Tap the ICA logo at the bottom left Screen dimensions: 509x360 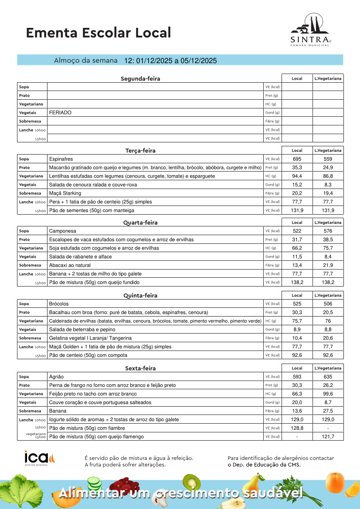click(x=40, y=458)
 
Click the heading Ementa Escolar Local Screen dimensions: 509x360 click(x=98, y=33)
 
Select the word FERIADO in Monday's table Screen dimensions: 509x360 click(x=60, y=112)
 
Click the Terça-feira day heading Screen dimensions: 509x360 click(x=140, y=151)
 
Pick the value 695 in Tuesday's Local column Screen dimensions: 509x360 click(x=297, y=159)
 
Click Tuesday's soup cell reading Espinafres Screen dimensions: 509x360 click(x=61, y=159)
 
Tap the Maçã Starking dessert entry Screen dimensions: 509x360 click(x=65, y=193)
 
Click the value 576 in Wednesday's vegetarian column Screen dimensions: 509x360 click(x=328, y=231)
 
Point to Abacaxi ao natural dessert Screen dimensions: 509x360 click(x=70, y=265)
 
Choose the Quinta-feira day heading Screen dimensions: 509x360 click(x=140, y=296)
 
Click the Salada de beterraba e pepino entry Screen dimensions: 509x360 click(x=82, y=330)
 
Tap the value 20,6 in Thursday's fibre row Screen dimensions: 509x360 click(x=328, y=338)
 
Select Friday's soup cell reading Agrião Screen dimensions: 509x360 click(x=57, y=377)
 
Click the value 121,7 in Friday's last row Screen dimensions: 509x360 click(x=328, y=436)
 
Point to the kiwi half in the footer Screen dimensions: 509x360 click(x=190, y=482)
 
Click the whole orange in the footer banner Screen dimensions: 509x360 click(x=334, y=482)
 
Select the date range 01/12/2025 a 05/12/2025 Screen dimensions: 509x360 click(x=170, y=61)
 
